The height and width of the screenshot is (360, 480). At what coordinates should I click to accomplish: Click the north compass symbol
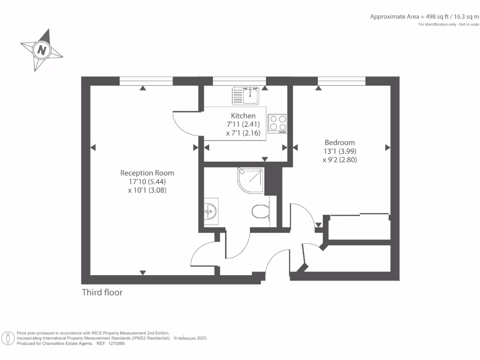pyautogui.click(x=42, y=50)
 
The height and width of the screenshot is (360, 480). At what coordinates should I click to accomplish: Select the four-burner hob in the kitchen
pyautogui.click(x=277, y=123)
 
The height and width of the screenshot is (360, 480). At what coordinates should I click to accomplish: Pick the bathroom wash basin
pyautogui.click(x=211, y=212)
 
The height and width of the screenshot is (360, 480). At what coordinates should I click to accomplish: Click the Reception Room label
pyautogui.click(x=147, y=173)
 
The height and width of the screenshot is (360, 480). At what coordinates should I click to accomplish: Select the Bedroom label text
pyautogui.click(x=340, y=142)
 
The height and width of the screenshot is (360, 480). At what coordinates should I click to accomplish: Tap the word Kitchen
pyautogui.click(x=243, y=116)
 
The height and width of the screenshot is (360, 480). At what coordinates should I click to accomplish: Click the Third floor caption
pyautogui.click(x=102, y=292)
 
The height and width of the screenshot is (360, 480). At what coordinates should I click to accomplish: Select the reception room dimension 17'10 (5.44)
pyautogui.click(x=147, y=182)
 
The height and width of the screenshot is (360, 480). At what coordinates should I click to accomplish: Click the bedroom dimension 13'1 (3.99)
pyautogui.click(x=340, y=151)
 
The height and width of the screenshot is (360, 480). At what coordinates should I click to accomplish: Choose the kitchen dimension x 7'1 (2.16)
pyautogui.click(x=243, y=134)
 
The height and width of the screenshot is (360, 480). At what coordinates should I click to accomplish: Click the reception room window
pyautogui.click(x=146, y=81)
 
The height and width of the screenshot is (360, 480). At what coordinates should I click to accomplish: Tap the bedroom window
pyautogui.click(x=341, y=81)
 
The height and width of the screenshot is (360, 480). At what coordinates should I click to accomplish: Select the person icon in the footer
pyautogui.click(x=8, y=338)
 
